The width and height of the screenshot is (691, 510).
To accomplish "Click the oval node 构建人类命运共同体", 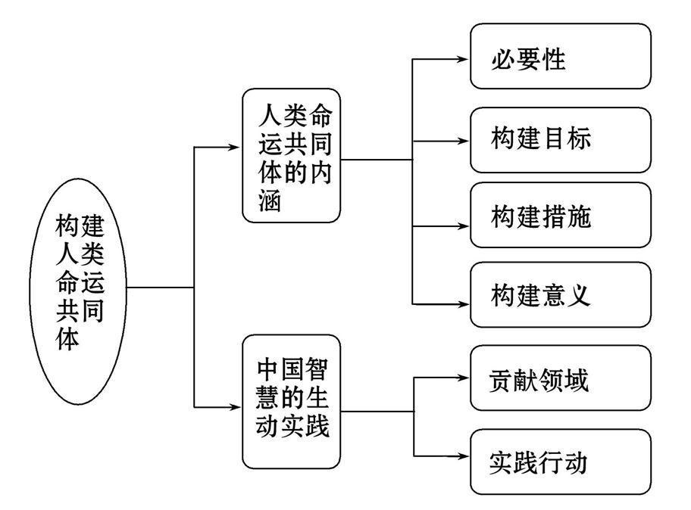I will [79, 287].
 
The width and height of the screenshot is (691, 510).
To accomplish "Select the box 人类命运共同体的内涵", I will [292, 155].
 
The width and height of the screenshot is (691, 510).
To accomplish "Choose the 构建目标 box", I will [560, 139].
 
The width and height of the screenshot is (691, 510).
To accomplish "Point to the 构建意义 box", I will [560, 294].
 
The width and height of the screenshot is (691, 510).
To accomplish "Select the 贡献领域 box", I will [560, 378].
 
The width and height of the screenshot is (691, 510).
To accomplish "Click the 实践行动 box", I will [560, 462].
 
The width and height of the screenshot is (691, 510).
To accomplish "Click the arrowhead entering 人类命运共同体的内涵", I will [234, 146].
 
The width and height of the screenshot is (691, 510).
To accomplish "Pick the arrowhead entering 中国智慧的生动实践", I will [234, 409].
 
